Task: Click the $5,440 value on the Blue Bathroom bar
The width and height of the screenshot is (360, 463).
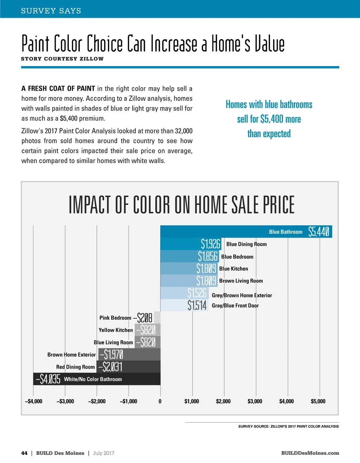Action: [x=319, y=232]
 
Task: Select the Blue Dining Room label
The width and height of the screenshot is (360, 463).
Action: [x=246, y=244]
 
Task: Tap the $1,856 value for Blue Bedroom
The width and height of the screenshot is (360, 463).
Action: [x=208, y=256]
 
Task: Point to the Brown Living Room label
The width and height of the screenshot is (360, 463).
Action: [x=241, y=281]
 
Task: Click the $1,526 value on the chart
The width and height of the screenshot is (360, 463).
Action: [x=197, y=293]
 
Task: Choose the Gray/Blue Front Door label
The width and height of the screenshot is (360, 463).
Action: [x=235, y=306]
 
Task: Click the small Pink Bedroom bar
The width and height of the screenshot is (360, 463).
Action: [x=157, y=317]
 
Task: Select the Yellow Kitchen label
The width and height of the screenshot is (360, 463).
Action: [x=116, y=330]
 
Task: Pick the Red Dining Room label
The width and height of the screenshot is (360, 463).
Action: [x=76, y=367]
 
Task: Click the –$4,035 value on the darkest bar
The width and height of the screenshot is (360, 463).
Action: [x=48, y=379]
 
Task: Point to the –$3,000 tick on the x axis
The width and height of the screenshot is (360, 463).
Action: [x=65, y=401]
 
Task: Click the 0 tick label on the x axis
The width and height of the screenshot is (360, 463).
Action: [x=160, y=401]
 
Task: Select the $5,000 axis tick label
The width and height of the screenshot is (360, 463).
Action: [x=318, y=401]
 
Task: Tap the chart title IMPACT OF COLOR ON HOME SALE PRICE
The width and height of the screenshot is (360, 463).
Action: [x=181, y=205]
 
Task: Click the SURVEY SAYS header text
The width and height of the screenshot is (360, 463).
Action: [x=51, y=11]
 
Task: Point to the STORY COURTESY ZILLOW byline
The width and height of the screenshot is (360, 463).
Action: [x=62, y=59]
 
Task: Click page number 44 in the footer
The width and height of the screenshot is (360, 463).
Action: [x=24, y=453]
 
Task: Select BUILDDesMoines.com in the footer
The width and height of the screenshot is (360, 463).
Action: [x=310, y=453]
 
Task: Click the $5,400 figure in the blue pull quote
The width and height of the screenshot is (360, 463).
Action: [x=272, y=119]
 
